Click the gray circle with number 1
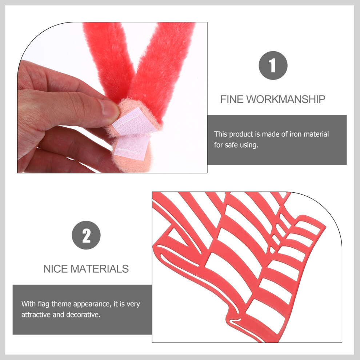coord(273,65)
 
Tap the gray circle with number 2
coord(86,235)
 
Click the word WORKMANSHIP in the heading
coord(286,99)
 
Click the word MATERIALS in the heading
coord(100,269)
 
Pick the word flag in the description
coord(44,304)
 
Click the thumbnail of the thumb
coord(109,108)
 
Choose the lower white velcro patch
coord(132,147)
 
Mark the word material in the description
coord(316,134)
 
